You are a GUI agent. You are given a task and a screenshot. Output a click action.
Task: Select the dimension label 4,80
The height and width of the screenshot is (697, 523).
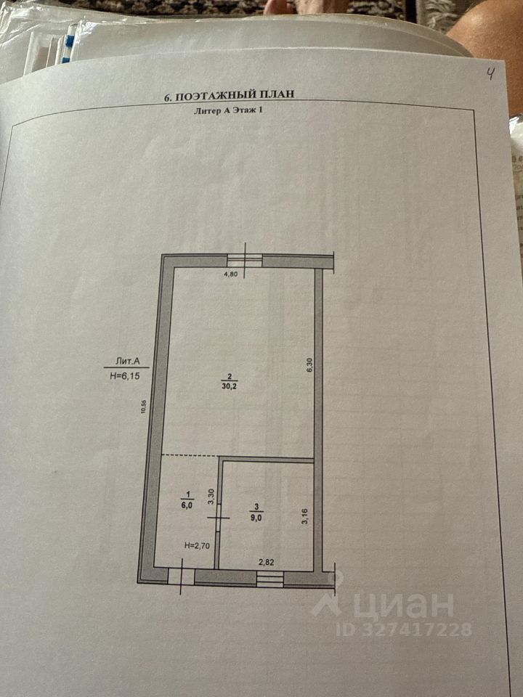(230, 274)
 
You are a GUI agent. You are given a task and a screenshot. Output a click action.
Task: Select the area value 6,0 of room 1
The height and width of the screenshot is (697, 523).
(187, 506)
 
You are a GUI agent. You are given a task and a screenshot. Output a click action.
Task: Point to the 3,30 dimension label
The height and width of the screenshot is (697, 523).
(211, 497)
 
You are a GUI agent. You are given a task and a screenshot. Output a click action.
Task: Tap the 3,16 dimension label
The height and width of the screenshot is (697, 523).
(306, 517)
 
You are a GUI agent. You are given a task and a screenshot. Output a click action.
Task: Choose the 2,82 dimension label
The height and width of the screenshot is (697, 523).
(268, 561)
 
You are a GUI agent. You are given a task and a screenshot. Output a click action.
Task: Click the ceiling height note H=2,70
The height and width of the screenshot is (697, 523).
(197, 546)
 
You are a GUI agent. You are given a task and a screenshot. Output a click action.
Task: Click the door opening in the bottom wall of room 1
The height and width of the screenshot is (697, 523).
(181, 576)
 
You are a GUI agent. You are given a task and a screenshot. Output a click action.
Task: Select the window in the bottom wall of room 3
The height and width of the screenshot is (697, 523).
(269, 578)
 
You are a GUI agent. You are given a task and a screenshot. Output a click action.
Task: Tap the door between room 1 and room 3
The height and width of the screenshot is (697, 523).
(219, 518)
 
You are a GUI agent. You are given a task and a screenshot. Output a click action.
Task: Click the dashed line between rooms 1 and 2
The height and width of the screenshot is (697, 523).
(190, 455)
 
